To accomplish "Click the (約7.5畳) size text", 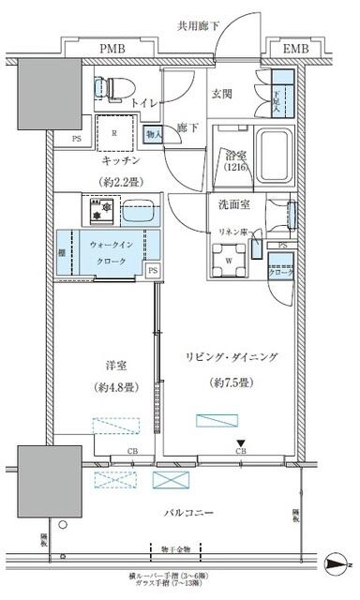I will pos(230,383).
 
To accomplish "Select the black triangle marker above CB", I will pos(241,444).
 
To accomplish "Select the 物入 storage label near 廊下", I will pos(156,134).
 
